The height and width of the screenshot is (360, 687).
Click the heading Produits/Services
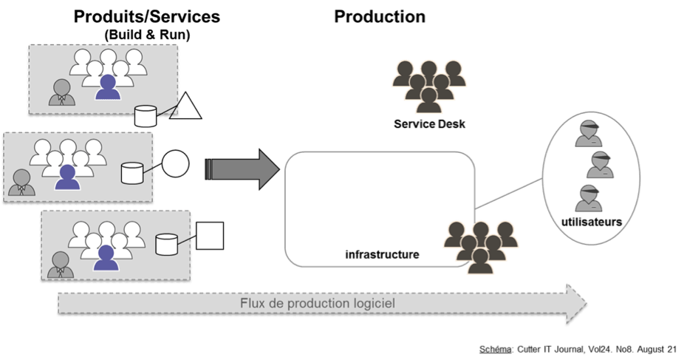point(146,16)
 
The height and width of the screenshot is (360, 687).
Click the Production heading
point(379,16)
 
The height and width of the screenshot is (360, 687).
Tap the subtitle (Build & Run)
point(146,35)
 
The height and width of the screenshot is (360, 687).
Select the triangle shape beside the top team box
point(188,107)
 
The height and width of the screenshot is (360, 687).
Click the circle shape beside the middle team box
point(175,163)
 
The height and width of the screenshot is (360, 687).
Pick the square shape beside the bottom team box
point(209,235)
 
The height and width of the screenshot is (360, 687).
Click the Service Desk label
point(429,123)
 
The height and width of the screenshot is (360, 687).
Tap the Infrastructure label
point(382,254)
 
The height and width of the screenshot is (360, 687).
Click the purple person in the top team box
point(108,86)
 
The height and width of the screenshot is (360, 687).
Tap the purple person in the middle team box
point(68,177)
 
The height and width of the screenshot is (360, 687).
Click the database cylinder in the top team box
point(146,115)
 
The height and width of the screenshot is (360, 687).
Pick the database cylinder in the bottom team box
point(166,243)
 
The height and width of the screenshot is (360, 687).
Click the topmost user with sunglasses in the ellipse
point(589,131)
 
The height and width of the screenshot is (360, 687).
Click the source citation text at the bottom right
point(578,347)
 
